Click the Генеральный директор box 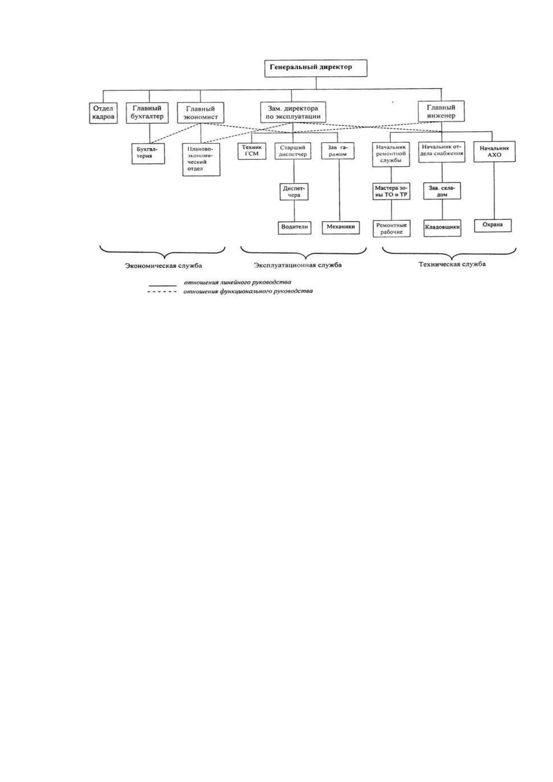[x=316, y=68]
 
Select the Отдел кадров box [x=104, y=113]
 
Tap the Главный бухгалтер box [x=147, y=112]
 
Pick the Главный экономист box [x=201, y=112]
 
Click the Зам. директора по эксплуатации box [x=293, y=112]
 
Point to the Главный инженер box [x=441, y=111]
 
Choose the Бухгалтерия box [x=149, y=153]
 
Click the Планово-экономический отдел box [x=201, y=160]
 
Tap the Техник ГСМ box [x=252, y=151]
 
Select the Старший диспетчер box [x=293, y=151]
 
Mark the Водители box [x=295, y=227]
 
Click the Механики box [x=341, y=227]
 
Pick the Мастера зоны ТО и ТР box [x=391, y=192]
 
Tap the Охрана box [x=493, y=225]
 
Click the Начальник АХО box [x=494, y=151]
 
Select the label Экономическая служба [x=163, y=266]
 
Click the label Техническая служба [x=452, y=264]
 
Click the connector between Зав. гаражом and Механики [x=339, y=190]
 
